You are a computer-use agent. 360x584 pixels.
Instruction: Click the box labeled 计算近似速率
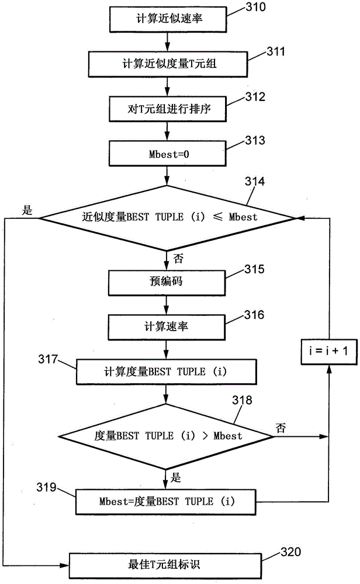pos(167,19)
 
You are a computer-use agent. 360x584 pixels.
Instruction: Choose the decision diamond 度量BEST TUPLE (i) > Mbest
pos(167,436)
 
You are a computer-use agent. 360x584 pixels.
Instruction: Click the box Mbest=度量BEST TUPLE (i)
pos(167,501)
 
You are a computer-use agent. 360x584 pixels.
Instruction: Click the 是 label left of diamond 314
pos(26,210)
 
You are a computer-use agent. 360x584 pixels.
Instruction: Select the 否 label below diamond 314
pos(177,256)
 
